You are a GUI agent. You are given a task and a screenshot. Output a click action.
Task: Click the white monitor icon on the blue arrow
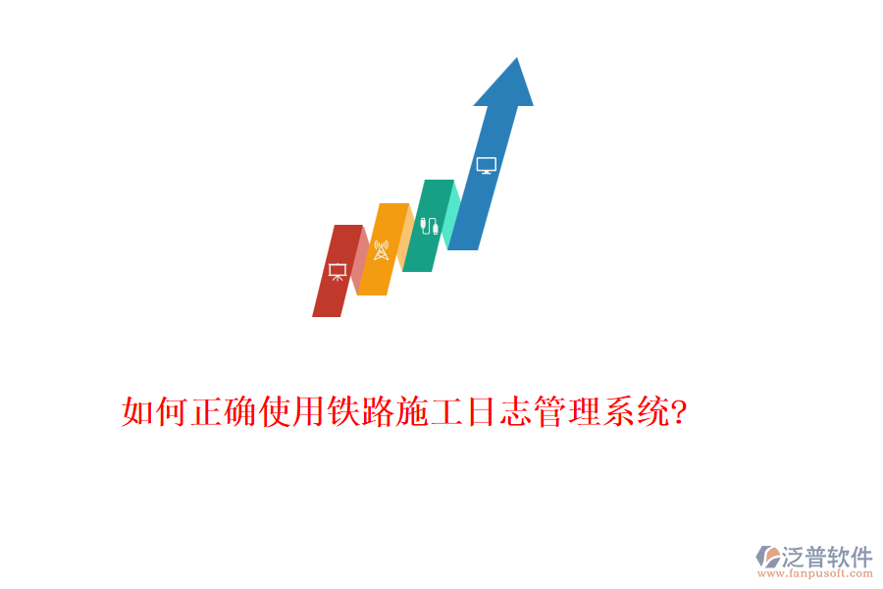486,166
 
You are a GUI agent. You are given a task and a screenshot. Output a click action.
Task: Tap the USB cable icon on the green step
429,226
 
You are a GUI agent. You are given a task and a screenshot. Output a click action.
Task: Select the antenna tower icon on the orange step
382,249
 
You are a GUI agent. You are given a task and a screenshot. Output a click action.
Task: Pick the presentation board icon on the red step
338,272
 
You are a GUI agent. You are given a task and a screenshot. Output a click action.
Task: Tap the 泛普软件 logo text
827,557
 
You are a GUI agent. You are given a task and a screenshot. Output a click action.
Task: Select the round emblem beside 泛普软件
767,558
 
